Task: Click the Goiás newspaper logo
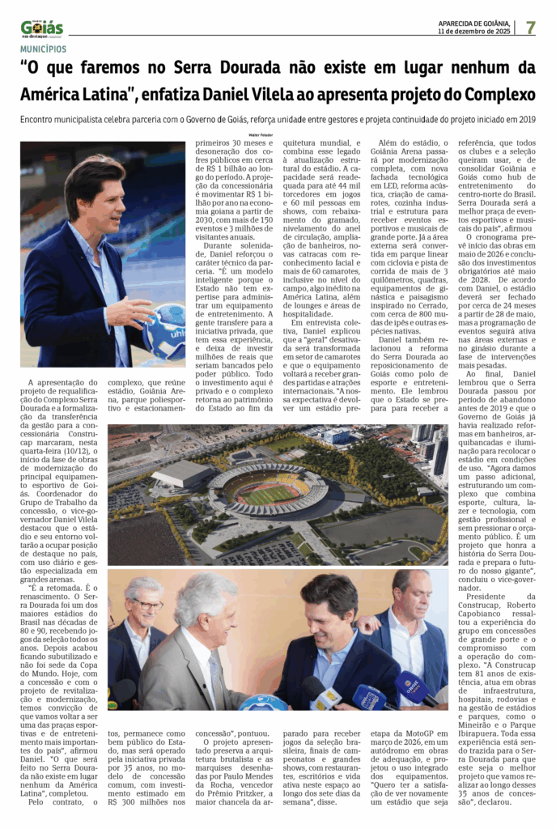click(x=41, y=29)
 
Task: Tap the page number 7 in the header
click(x=530, y=28)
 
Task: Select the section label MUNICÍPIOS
click(x=44, y=49)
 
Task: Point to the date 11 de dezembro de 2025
click(x=473, y=32)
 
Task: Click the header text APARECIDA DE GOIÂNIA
click(x=473, y=23)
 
